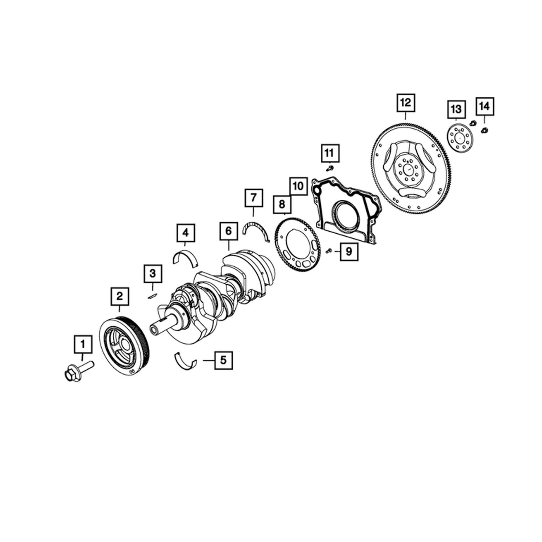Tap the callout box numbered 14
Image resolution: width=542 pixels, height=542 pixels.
(x=485, y=106)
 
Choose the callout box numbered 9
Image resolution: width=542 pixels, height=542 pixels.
(x=349, y=251)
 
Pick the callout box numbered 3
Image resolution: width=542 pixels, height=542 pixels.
(x=153, y=274)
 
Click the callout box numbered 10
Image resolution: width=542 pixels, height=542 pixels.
(x=298, y=186)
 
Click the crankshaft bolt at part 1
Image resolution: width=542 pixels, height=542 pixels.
(x=78, y=371)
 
